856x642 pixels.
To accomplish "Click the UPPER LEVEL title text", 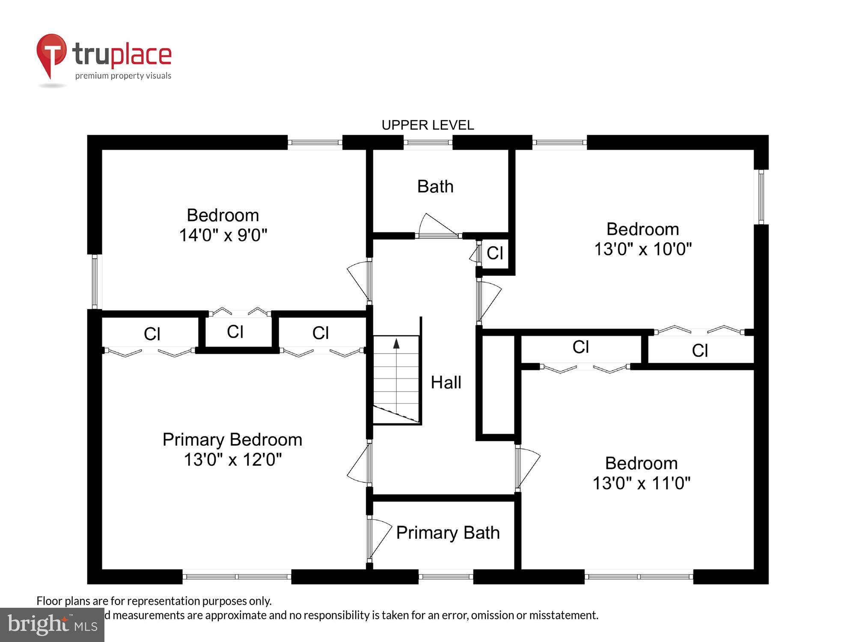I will pos(428,125).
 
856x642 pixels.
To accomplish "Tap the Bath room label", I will pos(435,187).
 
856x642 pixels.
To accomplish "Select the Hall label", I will pos(446,382).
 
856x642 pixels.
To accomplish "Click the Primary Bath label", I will pos(448,533).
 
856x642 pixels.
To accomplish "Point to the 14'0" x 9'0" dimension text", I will pos(223,235).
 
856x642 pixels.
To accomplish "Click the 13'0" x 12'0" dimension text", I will pos(232,460).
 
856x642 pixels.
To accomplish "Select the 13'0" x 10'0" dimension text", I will pos(642,249).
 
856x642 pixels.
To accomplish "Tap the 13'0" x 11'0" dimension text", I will pos(641,483).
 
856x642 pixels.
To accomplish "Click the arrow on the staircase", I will pos(396,343).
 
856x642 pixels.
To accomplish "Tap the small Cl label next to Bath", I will pos(495,253).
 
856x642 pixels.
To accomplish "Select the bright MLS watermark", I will pos(52,625).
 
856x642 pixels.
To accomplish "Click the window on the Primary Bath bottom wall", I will pos(446,577).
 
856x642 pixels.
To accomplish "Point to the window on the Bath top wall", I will pos(428,142).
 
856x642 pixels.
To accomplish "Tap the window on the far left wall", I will pos(95,281).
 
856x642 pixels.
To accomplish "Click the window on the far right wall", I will pos(761,197).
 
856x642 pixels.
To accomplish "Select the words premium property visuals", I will pos(123,76).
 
